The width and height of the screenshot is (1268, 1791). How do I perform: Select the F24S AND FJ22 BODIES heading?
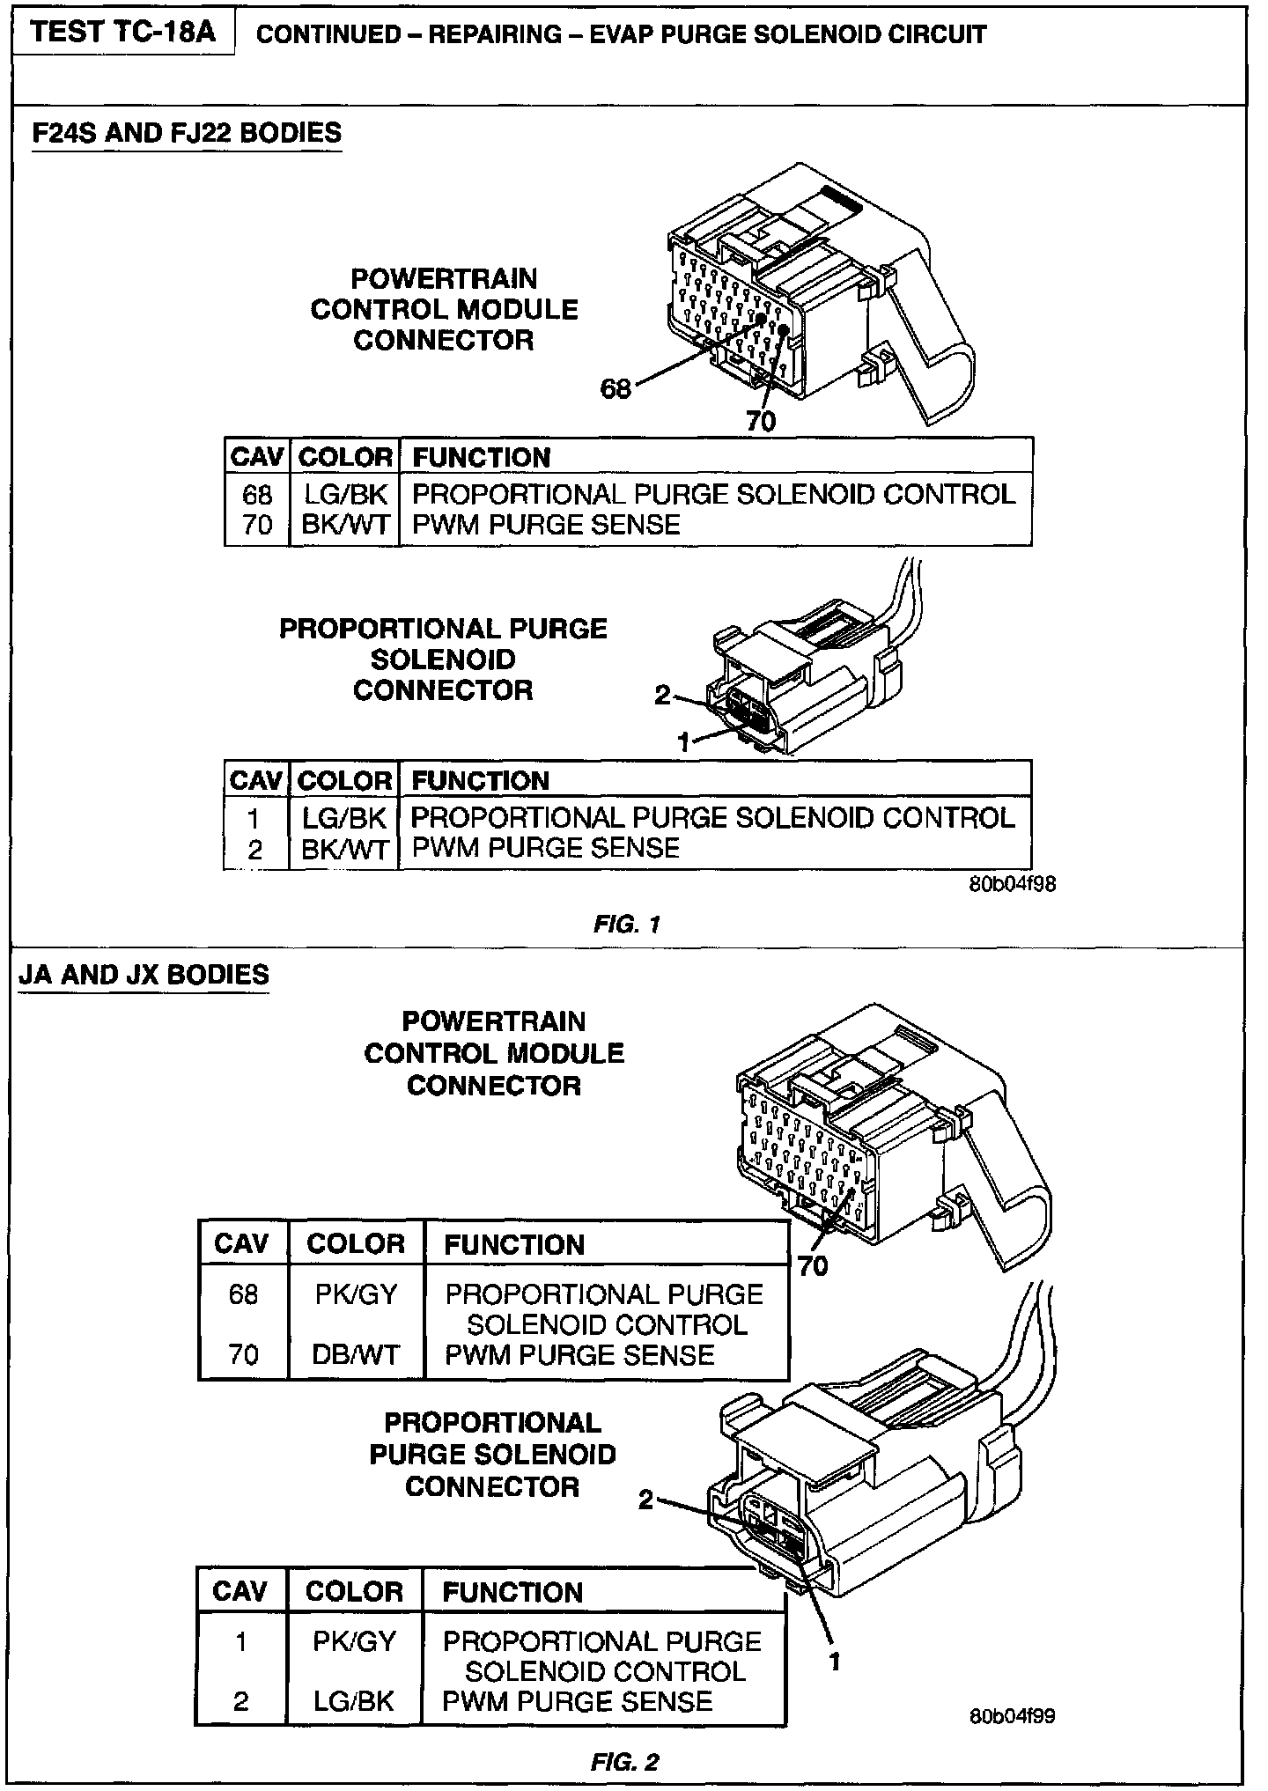pos(187,134)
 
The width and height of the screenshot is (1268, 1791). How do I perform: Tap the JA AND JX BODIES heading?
pos(144,976)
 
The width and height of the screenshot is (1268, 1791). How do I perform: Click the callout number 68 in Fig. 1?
pos(616,388)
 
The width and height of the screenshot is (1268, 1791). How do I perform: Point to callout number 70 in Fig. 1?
pos(761,422)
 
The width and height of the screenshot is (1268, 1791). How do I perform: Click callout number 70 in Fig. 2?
pos(813,1265)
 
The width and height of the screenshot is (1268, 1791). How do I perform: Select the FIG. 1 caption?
pos(627,924)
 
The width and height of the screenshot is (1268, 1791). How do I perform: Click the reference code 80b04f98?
pos(1012,885)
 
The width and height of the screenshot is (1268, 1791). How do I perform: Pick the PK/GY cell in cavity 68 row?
pos(356,1294)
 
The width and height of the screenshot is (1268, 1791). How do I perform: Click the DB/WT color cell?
pos(356,1354)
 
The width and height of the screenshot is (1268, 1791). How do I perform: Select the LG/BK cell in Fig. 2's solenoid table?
pos(354,1701)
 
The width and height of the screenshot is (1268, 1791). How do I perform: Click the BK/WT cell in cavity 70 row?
pos(345,525)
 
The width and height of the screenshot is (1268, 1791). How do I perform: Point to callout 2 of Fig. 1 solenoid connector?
pos(662,695)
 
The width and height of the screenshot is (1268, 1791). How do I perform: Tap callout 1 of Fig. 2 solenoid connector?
pos(835,1661)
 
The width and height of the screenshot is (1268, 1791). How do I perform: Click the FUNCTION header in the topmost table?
pos(482,458)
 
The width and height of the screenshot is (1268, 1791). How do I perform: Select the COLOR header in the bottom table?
pos(354,1592)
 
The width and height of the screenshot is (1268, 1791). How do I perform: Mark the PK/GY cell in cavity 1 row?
pos(354,1641)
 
